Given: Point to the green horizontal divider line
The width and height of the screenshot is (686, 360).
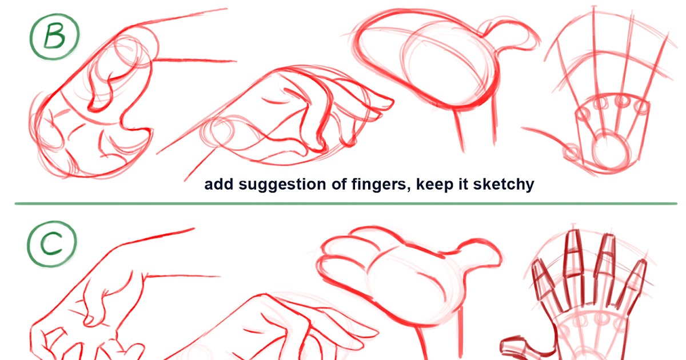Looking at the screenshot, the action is click(343, 203).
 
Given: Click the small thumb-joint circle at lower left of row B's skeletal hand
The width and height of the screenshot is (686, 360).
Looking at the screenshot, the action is click(570, 153).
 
